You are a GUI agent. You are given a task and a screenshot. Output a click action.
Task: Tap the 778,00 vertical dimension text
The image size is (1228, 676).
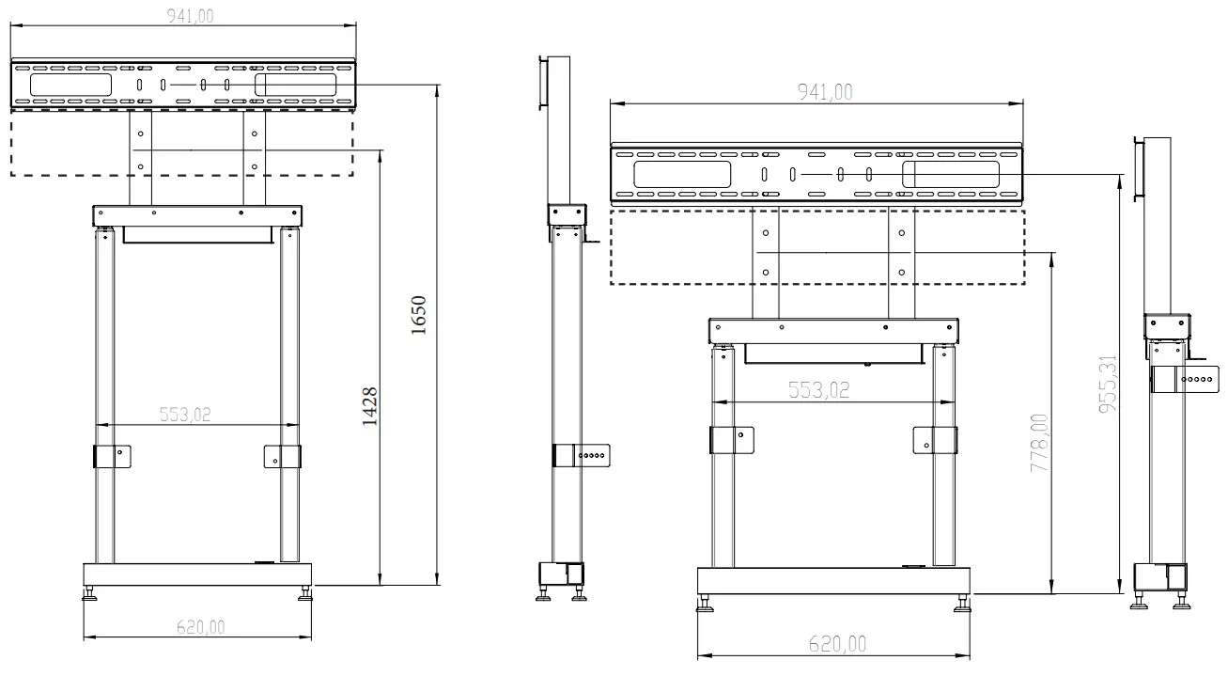click(x=1040, y=443)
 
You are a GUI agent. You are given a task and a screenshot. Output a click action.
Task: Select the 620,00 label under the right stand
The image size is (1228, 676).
click(x=837, y=643)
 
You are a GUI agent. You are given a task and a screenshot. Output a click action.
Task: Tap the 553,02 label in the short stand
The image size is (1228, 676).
click(x=818, y=389)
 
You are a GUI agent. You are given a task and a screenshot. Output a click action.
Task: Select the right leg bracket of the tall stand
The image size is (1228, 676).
click(x=282, y=456)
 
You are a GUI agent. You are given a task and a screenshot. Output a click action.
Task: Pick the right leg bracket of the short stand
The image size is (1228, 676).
click(x=935, y=440)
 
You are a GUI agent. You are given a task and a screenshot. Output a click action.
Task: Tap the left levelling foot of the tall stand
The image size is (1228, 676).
click(x=91, y=595)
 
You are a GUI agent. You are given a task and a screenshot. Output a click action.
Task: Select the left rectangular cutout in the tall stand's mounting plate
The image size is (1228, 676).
click(x=71, y=84)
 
